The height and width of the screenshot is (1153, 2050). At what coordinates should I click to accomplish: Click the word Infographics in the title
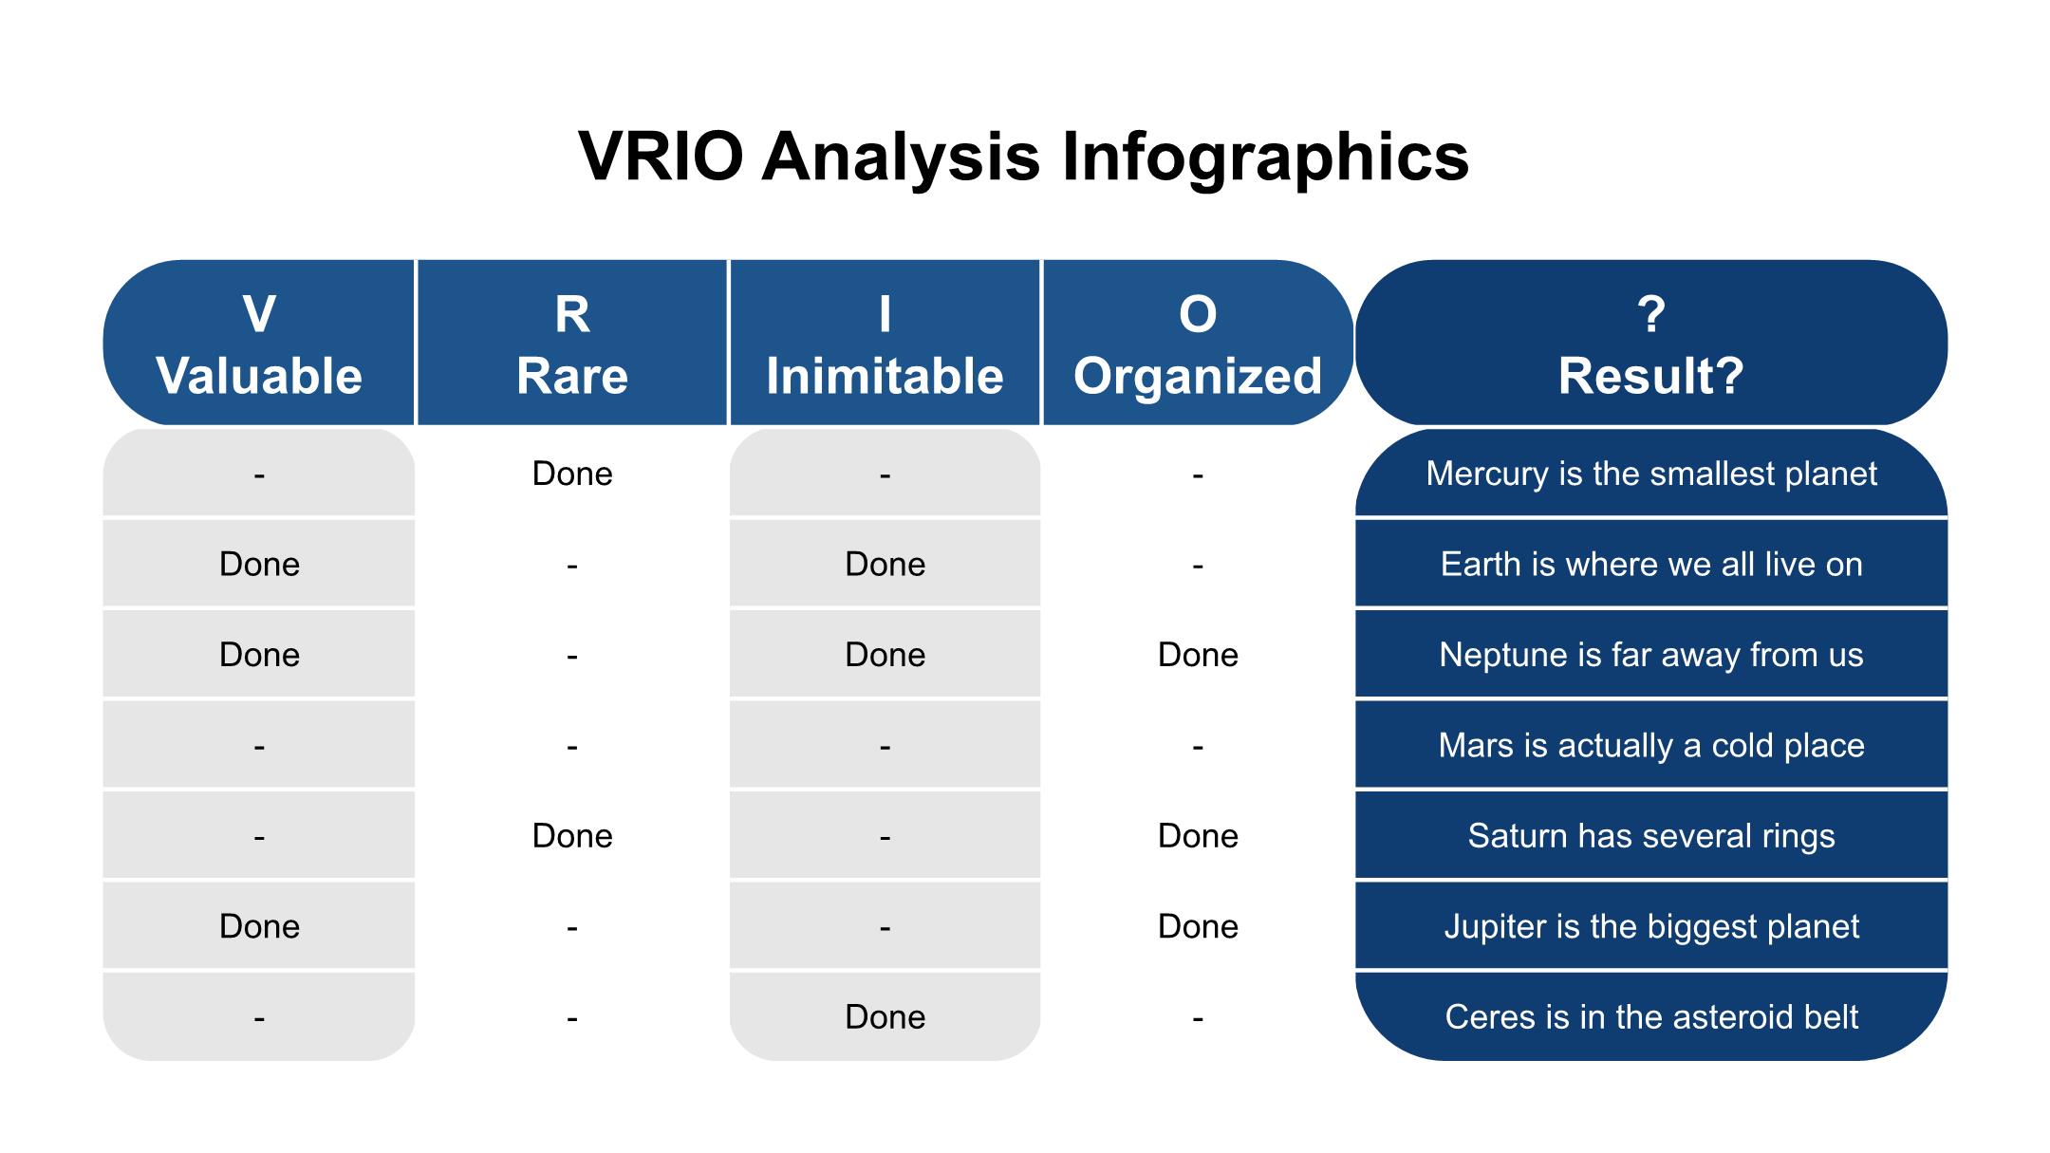tap(1265, 158)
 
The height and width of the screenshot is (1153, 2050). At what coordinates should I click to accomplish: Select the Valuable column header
tap(259, 343)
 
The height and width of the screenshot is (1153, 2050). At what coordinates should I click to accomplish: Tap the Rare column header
tap(572, 343)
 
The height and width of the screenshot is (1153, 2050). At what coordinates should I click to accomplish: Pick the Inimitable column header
tap(885, 343)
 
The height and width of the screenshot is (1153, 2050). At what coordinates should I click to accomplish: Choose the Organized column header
tap(1198, 343)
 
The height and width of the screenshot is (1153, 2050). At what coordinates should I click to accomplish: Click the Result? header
tap(1651, 343)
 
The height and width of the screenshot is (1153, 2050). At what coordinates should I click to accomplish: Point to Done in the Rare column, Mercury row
tap(572, 474)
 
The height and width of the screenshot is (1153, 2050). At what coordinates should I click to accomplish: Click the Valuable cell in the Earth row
tap(259, 564)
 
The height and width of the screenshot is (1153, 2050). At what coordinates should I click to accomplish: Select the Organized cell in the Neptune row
tap(1198, 655)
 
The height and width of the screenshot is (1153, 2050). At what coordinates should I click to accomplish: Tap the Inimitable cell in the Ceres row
tap(885, 1016)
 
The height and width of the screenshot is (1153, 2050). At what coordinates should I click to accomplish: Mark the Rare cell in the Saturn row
tap(572, 835)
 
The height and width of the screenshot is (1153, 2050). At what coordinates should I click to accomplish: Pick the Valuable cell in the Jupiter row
tap(259, 926)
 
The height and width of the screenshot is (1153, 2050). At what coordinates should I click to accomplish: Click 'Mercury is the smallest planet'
tap(1651, 474)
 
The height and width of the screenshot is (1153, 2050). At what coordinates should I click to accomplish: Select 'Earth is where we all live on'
tap(1651, 564)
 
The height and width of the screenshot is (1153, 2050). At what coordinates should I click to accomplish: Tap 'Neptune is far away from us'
tap(1651, 655)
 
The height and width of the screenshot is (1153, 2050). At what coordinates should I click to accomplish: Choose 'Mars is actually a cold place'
tap(1651, 745)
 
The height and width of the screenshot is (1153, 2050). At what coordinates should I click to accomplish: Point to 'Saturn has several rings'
tap(1651, 835)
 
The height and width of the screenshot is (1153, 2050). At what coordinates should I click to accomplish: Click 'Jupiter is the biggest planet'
tap(1651, 926)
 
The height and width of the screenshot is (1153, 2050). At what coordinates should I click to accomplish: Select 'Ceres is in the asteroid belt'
tap(1651, 1016)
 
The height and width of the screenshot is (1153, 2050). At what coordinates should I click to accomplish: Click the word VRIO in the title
tap(661, 158)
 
